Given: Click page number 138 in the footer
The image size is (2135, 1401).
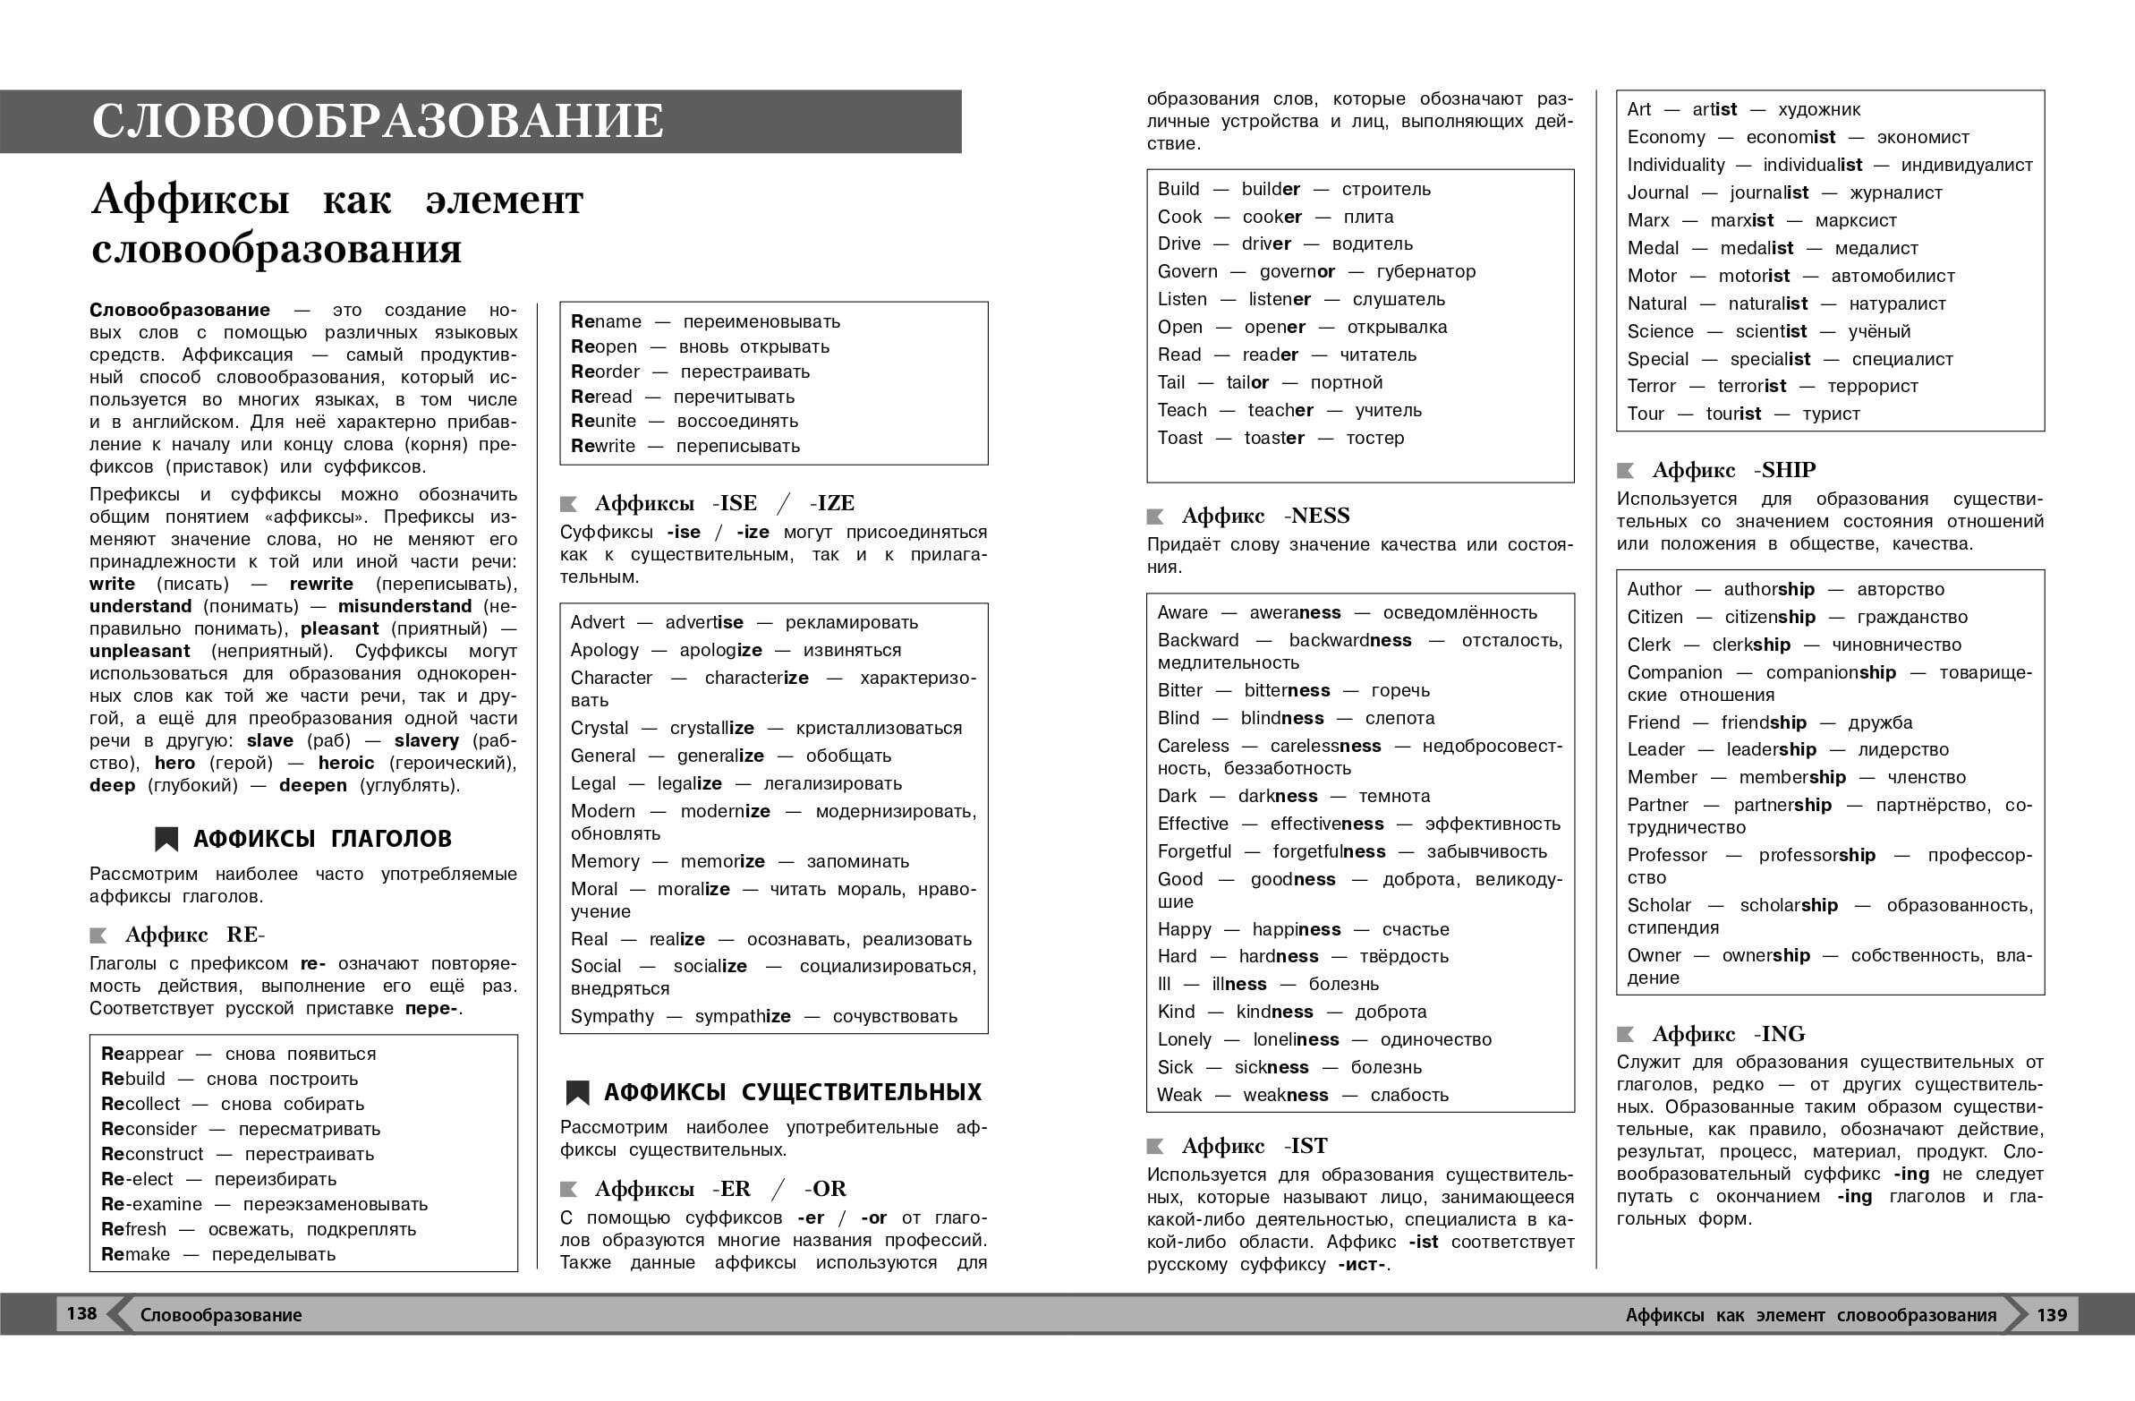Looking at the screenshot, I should click(x=81, y=1314).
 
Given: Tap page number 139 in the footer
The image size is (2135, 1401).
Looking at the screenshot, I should click(x=2052, y=1315).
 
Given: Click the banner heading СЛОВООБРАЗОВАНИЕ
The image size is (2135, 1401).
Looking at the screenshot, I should click(x=378, y=121).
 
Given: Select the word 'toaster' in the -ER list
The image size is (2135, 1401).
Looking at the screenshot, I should click(x=1274, y=438).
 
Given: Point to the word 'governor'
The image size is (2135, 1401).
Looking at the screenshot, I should click(x=1297, y=272).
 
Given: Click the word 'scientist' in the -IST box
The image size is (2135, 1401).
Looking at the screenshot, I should click(x=1771, y=331).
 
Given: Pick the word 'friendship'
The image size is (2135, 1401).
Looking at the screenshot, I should click(x=1764, y=722).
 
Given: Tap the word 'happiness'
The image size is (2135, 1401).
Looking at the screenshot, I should click(x=1297, y=929).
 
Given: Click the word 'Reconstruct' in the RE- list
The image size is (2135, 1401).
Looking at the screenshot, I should click(x=151, y=1154).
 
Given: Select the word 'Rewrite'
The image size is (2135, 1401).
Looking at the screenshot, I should click(x=603, y=446).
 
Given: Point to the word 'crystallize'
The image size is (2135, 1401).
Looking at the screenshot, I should click(x=711, y=728).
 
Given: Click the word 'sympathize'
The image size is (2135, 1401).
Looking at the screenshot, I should click(x=743, y=1016).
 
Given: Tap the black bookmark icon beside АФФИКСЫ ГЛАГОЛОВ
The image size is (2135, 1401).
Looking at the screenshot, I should click(x=166, y=839).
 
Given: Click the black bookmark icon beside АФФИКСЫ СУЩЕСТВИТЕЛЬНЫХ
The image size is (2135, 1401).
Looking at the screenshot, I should click(x=577, y=1092).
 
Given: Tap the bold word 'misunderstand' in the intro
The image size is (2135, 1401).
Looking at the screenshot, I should click(x=404, y=607).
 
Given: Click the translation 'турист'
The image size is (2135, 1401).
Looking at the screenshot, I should click(x=1831, y=414).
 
